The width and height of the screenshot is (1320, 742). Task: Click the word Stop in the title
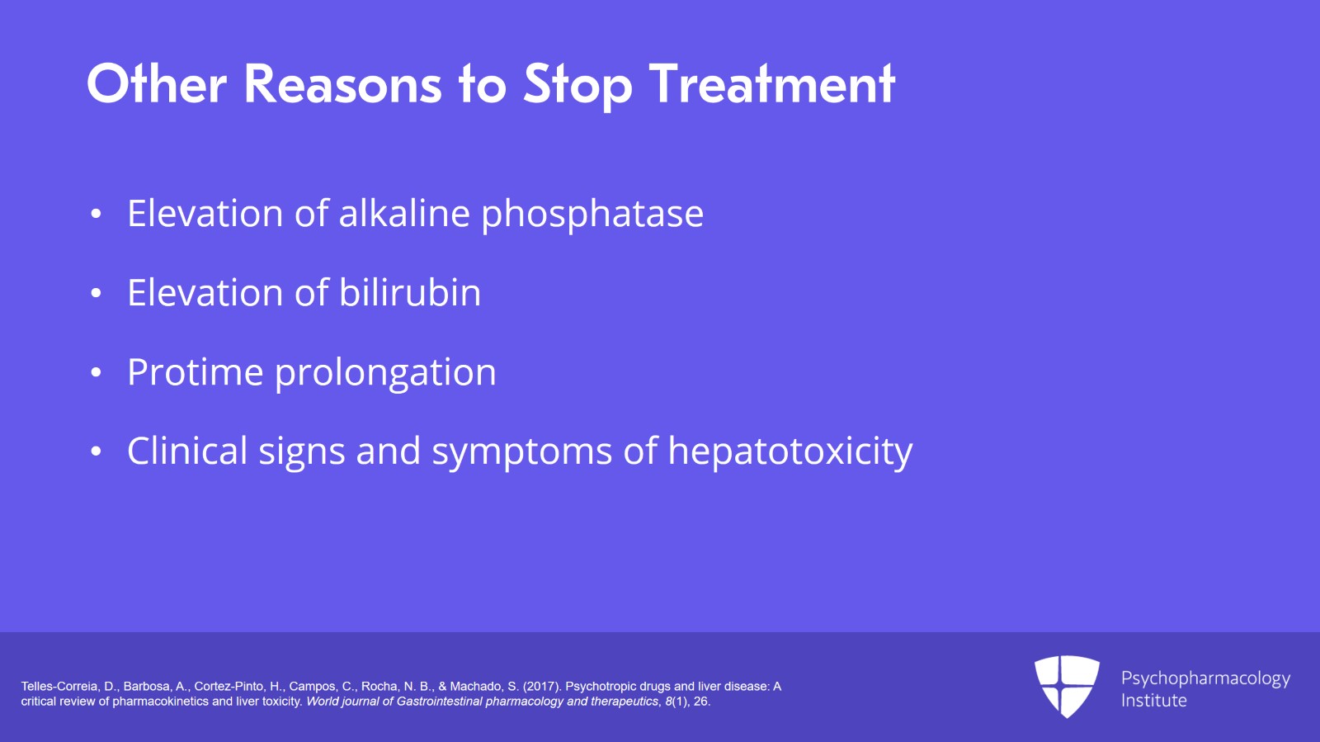point(577,86)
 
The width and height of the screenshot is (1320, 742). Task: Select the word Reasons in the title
point(342,83)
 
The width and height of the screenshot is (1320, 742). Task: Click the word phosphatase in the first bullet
point(592,214)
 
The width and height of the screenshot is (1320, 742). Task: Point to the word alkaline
point(404,212)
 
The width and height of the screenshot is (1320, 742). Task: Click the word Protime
point(195,372)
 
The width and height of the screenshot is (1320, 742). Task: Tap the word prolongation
point(386,374)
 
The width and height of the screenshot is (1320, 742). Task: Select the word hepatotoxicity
point(790,452)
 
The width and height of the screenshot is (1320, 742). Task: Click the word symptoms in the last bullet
point(522,453)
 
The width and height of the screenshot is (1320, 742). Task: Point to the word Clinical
point(187,451)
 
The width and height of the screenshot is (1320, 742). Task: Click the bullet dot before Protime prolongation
point(96,372)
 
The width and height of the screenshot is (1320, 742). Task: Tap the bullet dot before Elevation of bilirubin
point(96,293)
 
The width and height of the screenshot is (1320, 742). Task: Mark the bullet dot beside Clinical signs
point(96,451)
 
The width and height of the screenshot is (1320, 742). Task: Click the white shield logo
point(1067,687)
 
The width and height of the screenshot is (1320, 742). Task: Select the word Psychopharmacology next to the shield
point(1205,679)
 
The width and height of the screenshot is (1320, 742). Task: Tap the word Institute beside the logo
point(1154,700)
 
